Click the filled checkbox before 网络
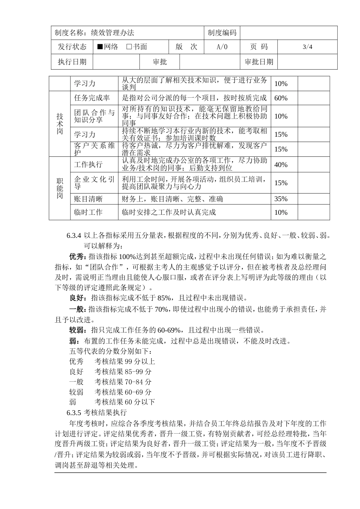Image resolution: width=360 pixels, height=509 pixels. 100,47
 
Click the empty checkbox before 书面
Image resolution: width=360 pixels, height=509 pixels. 129,47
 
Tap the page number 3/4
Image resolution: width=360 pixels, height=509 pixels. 307,47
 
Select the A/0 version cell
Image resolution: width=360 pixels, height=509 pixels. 222,47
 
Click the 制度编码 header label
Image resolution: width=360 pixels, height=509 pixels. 222,33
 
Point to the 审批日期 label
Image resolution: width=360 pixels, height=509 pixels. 259,62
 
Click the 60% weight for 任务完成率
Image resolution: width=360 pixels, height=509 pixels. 281,98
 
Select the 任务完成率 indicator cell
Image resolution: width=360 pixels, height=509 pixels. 92,98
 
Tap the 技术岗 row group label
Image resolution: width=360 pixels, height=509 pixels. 60,123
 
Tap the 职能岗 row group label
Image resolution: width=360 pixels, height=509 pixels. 60,188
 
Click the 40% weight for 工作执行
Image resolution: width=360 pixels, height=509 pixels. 281,165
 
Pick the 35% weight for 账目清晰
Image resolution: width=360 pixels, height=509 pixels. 281,199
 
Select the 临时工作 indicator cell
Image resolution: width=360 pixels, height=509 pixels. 88,212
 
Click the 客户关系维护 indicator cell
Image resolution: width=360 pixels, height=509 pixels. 94,149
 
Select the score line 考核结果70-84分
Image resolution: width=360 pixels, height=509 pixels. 123,382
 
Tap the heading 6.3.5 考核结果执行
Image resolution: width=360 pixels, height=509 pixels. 97,412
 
